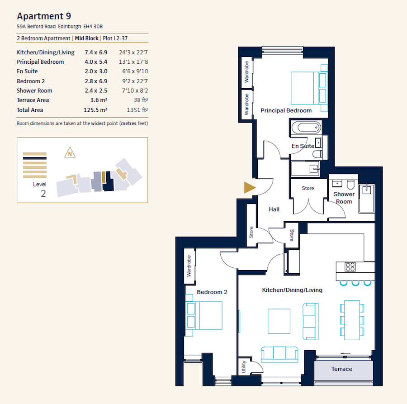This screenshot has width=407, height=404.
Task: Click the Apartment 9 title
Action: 40,16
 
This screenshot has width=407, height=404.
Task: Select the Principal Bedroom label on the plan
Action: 286,110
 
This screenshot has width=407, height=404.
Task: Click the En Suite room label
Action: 303,146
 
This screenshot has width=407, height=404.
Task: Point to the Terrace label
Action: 341,369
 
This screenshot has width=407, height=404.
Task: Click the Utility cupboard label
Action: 243,365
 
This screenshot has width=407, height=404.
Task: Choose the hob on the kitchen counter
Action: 350,266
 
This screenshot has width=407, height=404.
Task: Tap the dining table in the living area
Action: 352,320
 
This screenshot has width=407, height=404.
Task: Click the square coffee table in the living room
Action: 279,321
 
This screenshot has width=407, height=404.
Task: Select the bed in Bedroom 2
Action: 204,315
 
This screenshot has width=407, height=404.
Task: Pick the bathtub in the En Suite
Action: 306,127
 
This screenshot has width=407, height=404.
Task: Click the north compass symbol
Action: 70,153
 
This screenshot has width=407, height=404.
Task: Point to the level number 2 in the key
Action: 43,194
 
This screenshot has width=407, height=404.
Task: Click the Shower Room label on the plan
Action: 344,198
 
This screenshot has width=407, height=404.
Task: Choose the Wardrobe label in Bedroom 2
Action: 189,266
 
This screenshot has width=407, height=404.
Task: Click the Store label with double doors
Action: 308,188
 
